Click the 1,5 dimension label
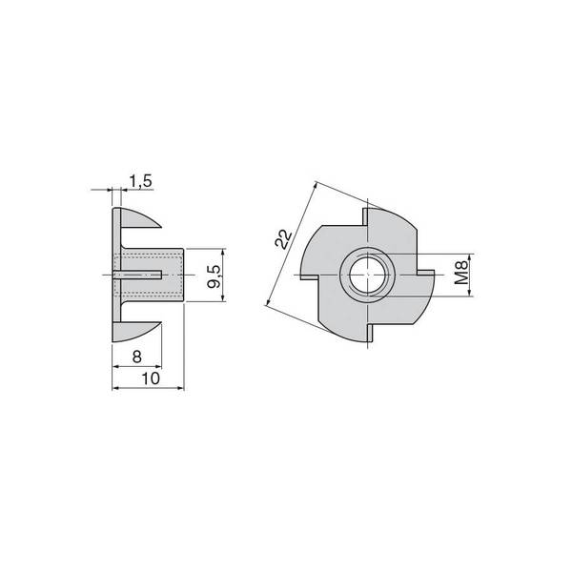click(140, 181)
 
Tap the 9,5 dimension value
click(214, 276)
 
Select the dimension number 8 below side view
click(136, 357)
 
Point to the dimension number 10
click(151, 378)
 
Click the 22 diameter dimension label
click(284, 239)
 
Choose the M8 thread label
click(462, 273)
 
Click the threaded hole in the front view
click(368, 274)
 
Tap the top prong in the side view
click(140, 217)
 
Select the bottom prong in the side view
click(136, 331)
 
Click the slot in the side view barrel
click(137, 275)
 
